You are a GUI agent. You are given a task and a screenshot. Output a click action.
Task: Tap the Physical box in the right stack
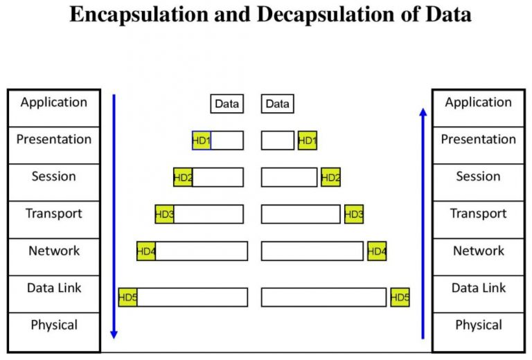click(x=479, y=325)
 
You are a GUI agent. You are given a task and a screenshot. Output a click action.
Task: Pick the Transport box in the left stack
click(x=54, y=213)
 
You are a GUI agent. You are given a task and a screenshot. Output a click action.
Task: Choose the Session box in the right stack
click(x=479, y=177)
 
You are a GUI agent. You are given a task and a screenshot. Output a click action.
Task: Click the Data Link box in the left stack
click(x=54, y=288)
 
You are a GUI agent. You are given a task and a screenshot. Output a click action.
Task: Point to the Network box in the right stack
click(x=479, y=251)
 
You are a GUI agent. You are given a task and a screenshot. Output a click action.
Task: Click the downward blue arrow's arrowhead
click(x=114, y=334)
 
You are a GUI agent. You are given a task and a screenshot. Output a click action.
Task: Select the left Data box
click(x=227, y=104)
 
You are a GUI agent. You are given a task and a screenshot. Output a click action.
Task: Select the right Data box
click(x=277, y=104)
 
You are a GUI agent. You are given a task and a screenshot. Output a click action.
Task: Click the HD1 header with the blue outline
click(x=202, y=141)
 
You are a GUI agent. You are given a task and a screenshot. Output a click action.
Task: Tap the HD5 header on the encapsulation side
click(x=128, y=298)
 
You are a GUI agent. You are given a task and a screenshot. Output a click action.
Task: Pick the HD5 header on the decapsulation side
click(x=400, y=298)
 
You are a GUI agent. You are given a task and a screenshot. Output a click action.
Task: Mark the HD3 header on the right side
click(x=354, y=215)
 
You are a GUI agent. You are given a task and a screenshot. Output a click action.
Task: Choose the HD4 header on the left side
click(x=146, y=251)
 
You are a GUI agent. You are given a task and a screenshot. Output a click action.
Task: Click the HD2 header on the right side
click(x=331, y=178)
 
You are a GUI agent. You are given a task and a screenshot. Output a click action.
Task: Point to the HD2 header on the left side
click(x=183, y=178)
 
